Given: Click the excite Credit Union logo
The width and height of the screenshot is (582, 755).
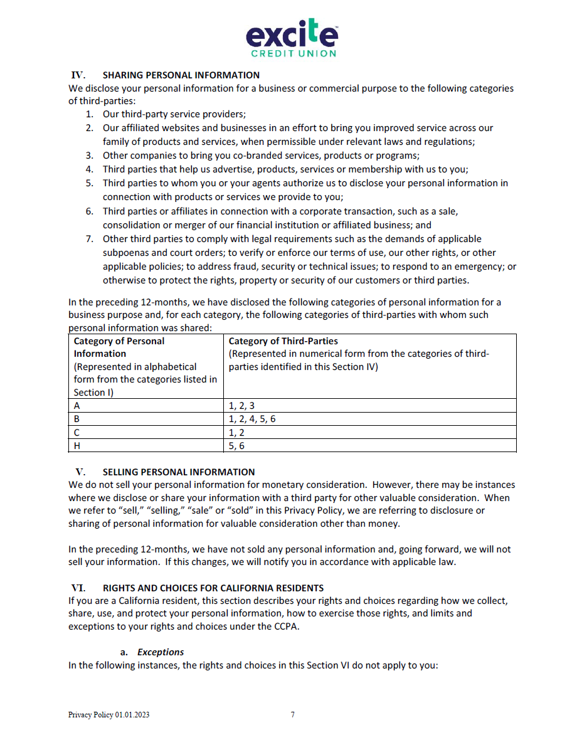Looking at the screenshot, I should point(292,38).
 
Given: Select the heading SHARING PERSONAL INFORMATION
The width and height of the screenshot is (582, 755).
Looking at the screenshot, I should point(181,75).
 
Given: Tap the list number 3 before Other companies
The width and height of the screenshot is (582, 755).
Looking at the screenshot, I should point(90,156).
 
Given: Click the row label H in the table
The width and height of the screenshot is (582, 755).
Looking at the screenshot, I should point(77,446).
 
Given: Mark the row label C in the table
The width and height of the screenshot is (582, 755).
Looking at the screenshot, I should point(77,433).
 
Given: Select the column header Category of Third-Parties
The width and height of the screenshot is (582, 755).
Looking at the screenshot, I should point(283,341).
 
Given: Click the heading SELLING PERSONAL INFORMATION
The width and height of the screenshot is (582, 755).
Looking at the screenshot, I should point(179,472).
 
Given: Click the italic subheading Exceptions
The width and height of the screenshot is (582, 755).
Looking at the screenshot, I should point(161,652).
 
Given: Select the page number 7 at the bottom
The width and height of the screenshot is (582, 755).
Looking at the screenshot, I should point(292,715).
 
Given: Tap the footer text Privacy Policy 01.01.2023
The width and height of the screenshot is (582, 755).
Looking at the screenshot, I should point(109,715).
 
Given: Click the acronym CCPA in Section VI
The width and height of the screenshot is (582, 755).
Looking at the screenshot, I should point(283,626).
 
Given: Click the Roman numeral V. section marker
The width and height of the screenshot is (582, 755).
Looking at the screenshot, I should point(80,472).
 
